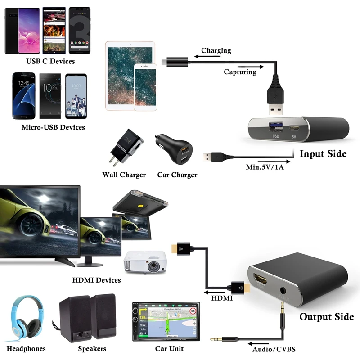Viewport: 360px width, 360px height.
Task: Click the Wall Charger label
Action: [x=124, y=175]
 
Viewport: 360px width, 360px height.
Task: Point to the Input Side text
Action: [x=323, y=154]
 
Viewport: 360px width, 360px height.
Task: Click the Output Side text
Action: [x=327, y=317]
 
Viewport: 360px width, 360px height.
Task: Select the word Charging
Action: [x=216, y=51]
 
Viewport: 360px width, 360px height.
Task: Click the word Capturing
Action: [x=240, y=72]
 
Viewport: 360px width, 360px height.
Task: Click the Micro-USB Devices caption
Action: [x=53, y=127]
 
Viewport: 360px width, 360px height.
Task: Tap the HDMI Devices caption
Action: [x=97, y=280]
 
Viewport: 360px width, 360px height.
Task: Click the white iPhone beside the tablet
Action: [x=145, y=87]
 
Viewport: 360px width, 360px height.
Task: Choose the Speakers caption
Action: [x=92, y=348]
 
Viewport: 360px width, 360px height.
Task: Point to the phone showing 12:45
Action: [x=23, y=95]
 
